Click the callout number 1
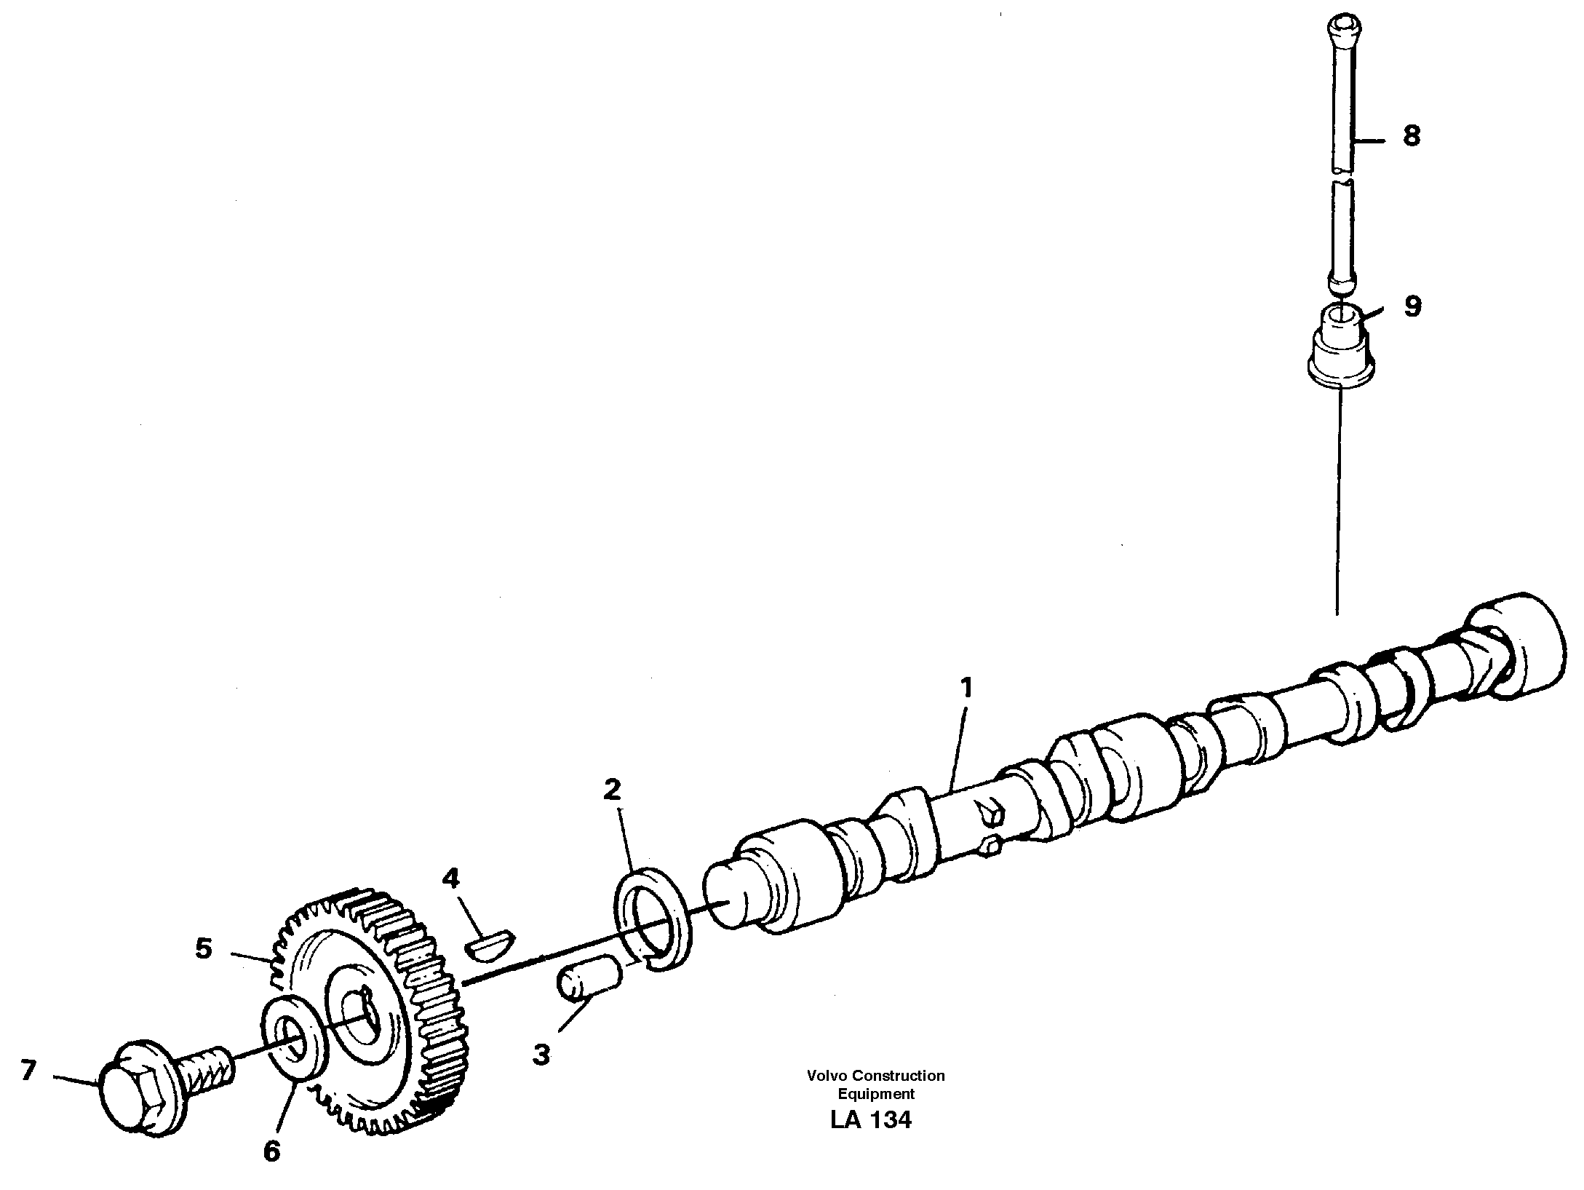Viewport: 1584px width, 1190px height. click(966, 688)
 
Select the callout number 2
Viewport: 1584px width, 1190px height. click(612, 789)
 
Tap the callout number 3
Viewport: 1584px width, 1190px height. click(541, 1055)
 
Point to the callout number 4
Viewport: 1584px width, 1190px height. click(451, 878)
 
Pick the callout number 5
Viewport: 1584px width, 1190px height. click(204, 948)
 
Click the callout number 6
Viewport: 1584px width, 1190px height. click(271, 1151)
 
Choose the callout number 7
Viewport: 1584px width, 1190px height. click(28, 1070)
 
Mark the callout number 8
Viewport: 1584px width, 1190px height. click(1412, 136)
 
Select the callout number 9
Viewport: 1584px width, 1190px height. click(1412, 306)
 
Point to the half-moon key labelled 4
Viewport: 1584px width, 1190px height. click(489, 945)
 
